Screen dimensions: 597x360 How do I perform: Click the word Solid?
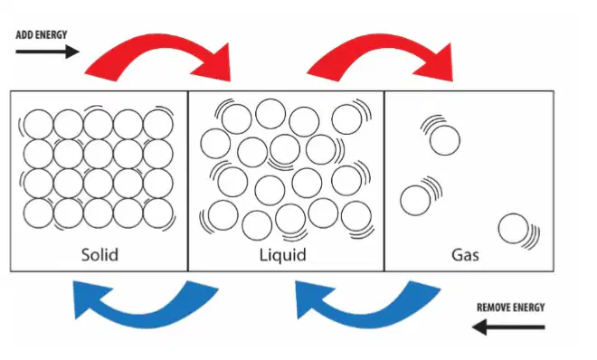[99, 254]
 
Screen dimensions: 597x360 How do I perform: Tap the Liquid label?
[283, 255]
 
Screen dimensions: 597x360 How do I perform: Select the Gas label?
[465, 254]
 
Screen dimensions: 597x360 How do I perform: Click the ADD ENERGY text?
[41, 35]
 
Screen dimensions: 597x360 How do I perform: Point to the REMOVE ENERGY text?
[510, 308]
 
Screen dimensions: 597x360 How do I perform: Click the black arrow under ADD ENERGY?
[47, 52]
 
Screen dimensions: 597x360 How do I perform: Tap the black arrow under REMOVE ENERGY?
[508, 327]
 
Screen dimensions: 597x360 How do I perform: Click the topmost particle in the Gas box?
[445, 140]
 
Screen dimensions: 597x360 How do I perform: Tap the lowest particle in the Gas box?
[513, 229]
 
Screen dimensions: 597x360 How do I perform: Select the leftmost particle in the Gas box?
[415, 200]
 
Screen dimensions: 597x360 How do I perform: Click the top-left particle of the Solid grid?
[38, 125]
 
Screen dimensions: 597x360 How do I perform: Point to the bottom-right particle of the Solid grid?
[158, 213]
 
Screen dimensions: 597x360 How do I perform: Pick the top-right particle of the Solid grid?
[158, 125]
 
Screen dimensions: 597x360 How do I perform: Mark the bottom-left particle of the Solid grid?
[38, 213]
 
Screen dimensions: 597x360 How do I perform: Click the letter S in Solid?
[87, 255]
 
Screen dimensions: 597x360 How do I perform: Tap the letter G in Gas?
[458, 255]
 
